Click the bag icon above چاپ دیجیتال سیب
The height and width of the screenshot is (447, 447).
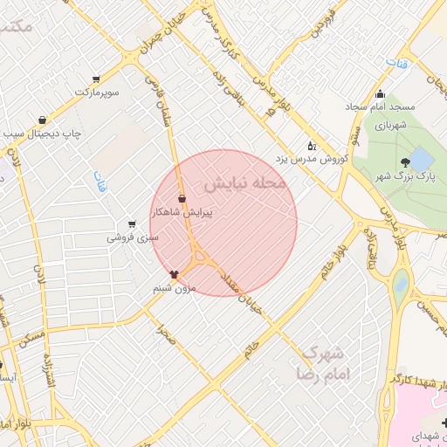tap(42, 120)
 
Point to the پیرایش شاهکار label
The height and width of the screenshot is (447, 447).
tap(182, 211)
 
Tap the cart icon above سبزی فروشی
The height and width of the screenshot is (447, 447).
tap(132, 223)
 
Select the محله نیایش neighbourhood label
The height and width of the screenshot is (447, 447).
tap(244, 185)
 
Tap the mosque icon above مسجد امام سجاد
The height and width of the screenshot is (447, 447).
tap(379, 94)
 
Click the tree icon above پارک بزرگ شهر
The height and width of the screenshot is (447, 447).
tap(404, 162)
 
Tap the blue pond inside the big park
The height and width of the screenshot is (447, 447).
tap(420, 159)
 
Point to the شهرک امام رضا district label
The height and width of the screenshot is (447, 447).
tap(324, 363)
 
